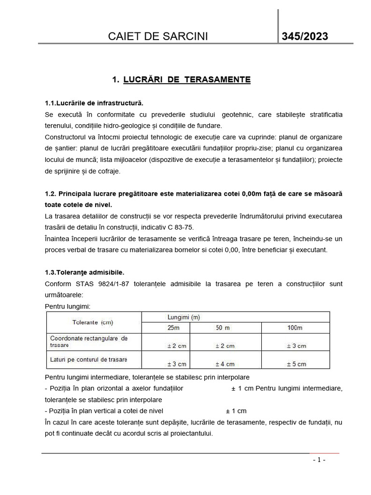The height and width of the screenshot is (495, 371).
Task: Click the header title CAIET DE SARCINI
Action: click(159, 37)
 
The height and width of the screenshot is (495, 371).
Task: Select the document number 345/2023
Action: click(305, 37)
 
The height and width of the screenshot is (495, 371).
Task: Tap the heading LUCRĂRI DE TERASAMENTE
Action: click(186, 80)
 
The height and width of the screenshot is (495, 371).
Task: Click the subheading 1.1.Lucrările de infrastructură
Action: click(94, 103)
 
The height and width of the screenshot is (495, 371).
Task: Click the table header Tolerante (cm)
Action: click(93, 322)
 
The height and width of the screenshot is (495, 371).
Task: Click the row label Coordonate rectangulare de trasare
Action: click(89, 342)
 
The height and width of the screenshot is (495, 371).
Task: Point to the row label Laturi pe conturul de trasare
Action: click(89, 360)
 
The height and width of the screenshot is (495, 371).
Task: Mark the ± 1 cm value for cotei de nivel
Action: click(236, 411)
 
